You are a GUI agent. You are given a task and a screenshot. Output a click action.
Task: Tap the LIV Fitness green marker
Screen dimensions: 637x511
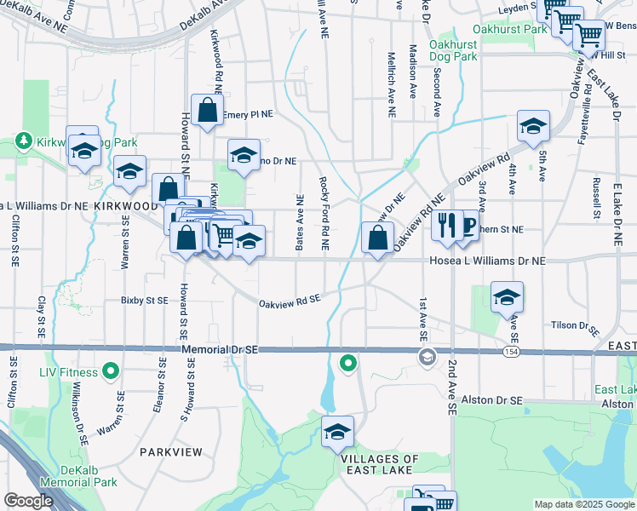110,371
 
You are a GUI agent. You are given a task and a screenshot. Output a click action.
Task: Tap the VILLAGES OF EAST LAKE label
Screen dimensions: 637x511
380,464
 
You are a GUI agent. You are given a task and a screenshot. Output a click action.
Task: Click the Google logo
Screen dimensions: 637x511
28,501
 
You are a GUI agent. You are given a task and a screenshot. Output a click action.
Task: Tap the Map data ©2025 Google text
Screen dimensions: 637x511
583,504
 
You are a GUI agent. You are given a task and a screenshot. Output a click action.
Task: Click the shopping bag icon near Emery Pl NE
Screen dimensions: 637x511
207,110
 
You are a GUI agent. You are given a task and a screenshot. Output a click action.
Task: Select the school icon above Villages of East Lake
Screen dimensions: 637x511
337,432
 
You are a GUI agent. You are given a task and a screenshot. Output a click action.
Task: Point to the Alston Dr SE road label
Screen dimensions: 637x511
491,399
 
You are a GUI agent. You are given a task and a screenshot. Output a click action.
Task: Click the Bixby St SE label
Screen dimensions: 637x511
143,300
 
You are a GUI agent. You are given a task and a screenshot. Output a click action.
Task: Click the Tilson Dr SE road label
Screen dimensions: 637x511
576,325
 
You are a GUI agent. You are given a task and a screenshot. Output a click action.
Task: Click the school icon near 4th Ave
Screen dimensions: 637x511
533,126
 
